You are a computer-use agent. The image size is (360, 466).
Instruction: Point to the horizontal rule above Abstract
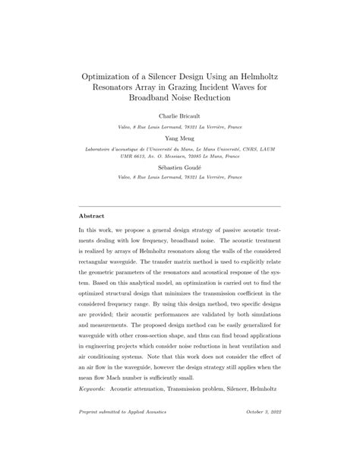(x=180, y=206)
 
